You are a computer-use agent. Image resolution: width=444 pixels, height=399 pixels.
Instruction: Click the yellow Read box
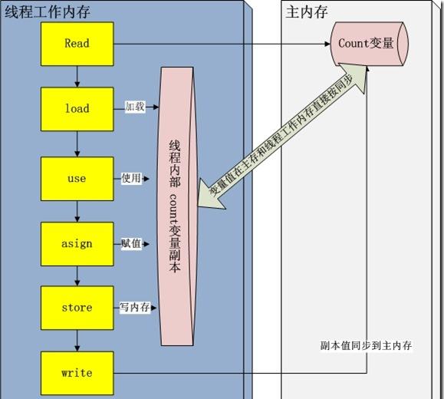point(77,44)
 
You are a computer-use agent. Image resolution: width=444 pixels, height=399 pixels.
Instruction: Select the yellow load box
point(77,109)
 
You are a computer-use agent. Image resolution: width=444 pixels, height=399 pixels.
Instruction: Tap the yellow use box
point(77,179)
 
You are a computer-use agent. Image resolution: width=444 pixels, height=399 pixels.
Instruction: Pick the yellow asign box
point(77,244)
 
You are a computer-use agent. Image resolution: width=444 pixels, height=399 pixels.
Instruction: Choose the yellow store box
point(77,308)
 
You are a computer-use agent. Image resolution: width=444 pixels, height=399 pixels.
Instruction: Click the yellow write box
point(77,373)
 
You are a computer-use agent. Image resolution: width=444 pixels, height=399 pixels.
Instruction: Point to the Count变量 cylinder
point(370,44)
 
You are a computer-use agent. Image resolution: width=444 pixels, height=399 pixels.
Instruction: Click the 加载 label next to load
point(135,107)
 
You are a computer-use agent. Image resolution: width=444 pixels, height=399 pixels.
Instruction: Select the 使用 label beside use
point(131,178)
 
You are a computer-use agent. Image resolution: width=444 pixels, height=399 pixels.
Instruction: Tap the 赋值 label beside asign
point(131,243)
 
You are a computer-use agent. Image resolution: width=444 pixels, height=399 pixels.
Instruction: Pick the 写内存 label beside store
point(134,307)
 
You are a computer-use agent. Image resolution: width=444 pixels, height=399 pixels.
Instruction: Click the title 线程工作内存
point(48,12)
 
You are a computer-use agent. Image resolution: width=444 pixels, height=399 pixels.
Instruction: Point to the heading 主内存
point(307,12)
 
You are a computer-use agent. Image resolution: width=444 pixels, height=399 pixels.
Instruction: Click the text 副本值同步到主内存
point(366,345)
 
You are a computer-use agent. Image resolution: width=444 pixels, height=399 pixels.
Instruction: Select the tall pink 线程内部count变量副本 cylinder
point(177,206)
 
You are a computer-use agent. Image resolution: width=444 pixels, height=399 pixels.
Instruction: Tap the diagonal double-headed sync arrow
point(282,137)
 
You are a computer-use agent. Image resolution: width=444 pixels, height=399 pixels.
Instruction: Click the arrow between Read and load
point(77,77)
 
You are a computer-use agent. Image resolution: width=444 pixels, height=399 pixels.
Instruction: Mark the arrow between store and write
point(77,341)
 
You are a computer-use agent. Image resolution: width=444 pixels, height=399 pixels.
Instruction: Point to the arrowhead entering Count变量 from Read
point(327,44)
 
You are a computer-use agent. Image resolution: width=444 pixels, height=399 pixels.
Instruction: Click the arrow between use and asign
point(77,212)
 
